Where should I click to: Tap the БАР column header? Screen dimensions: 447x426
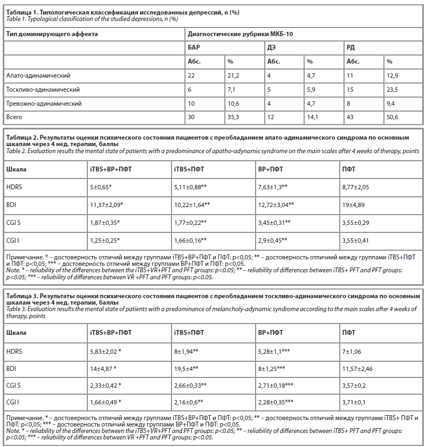click(194, 47)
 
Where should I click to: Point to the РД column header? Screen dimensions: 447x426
click(351, 47)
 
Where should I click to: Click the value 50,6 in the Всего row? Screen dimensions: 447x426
click(393, 116)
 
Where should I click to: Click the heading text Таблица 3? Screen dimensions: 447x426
click(23, 297)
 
